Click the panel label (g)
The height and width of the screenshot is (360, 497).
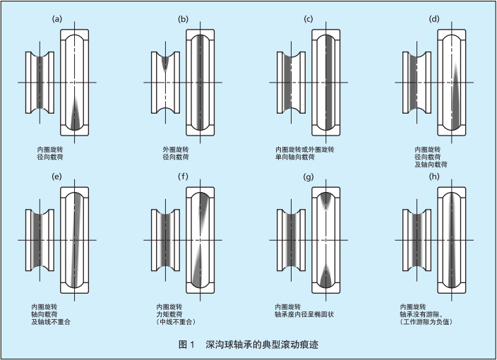[308, 176]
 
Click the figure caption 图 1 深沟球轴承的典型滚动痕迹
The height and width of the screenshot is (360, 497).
[249, 345]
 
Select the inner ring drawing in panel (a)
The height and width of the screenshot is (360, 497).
[40, 83]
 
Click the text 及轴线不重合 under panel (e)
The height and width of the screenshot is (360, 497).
[52, 321]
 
